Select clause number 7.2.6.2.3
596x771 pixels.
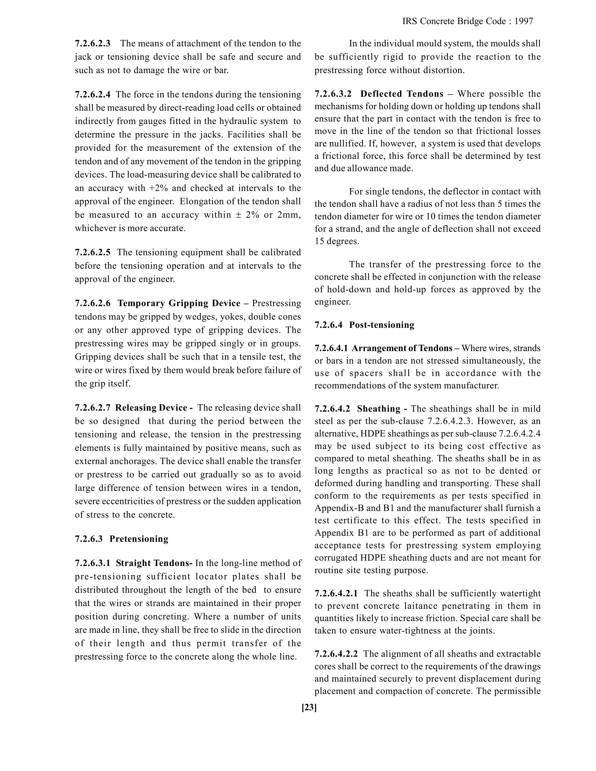(x=93, y=43)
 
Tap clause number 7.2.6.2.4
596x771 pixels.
(x=93, y=94)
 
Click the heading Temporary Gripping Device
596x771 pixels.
(x=179, y=303)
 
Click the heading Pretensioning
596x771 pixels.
(x=139, y=539)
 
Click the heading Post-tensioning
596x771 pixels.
(x=381, y=325)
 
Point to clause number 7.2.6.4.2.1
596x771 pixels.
(x=336, y=594)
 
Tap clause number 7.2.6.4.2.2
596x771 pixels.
(x=336, y=654)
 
